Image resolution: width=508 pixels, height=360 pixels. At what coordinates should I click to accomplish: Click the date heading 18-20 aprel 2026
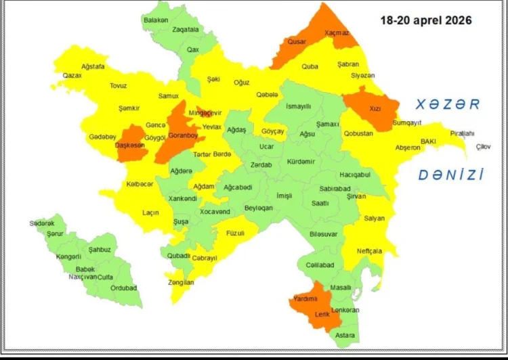(x=426, y=20)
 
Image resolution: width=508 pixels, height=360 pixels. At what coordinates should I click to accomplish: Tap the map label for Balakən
(x=156, y=20)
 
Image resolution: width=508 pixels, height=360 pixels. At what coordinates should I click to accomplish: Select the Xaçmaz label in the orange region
(x=337, y=32)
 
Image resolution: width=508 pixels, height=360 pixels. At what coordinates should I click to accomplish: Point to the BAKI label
(x=428, y=141)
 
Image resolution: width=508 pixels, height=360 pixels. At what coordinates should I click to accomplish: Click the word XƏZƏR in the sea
(x=448, y=105)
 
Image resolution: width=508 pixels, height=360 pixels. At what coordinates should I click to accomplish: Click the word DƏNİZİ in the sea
(x=450, y=175)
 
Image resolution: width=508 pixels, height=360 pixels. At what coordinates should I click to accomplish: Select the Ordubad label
(x=123, y=288)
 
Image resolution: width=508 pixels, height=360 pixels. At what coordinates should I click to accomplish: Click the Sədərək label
(x=41, y=223)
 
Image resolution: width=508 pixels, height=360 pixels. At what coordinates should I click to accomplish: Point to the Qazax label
(x=72, y=76)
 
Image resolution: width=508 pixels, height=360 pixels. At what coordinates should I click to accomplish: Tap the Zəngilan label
(x=181, y=282)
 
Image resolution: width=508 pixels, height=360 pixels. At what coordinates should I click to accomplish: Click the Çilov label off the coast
(x=483, y=146)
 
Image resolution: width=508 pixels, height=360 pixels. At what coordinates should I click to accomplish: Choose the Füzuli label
(x=236, y=233)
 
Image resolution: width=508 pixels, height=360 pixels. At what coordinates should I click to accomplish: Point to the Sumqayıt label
(x=407, y=122)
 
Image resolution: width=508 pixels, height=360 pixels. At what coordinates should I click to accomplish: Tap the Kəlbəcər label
(x=140, y=184)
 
